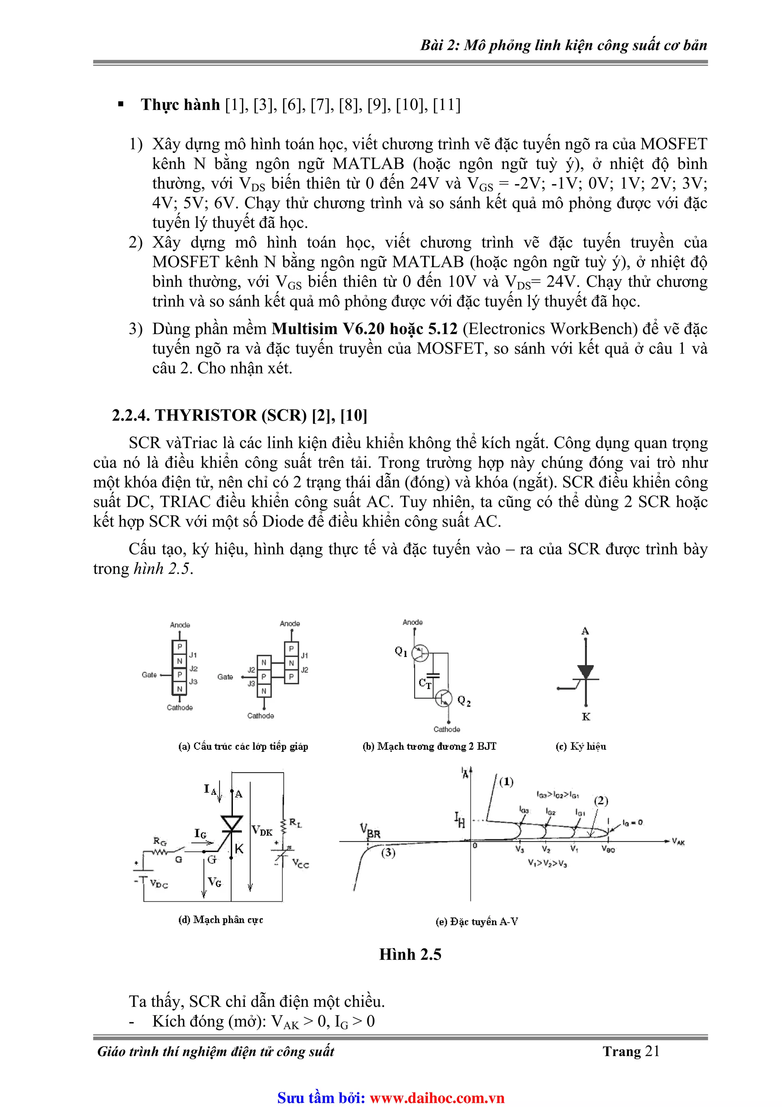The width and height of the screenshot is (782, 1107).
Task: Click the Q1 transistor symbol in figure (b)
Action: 420,653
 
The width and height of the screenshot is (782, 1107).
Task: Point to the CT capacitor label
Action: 425,683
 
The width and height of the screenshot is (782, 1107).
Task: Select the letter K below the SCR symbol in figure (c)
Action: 586,717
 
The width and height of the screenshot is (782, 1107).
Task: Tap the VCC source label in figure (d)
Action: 301,864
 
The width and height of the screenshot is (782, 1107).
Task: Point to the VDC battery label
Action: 158,884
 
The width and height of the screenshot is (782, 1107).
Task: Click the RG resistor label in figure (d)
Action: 160,841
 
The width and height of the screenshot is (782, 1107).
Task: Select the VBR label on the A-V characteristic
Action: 370,831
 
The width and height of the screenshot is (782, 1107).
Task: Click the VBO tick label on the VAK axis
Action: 608,849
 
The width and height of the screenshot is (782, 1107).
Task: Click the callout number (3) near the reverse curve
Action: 388,853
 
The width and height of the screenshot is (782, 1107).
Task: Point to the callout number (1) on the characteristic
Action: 506,781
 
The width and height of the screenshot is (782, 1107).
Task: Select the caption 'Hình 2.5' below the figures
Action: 410,954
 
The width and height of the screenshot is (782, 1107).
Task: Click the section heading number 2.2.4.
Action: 131,415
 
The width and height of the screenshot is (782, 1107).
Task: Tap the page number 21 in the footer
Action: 652,1051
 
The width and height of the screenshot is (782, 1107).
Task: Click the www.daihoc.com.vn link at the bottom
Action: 436,1098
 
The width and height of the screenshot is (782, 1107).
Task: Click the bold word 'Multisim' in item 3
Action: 304,329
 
